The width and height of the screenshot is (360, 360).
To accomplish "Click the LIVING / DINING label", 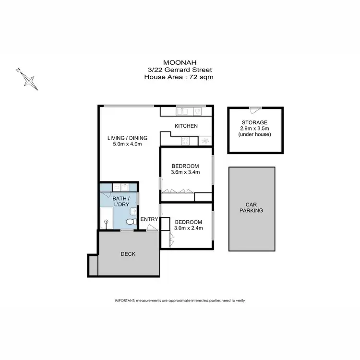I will coord(127,138).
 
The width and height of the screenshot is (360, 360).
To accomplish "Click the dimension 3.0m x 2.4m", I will coord(189,228).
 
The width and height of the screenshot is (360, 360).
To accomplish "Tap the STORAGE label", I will coord(255,123).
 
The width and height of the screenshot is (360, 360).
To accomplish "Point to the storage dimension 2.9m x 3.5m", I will coord(255,129).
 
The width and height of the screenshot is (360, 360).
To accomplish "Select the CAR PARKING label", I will coord(252,207).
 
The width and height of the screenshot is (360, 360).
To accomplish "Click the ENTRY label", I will coord(149,220).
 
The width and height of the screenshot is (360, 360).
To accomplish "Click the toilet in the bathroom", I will coord(129,222).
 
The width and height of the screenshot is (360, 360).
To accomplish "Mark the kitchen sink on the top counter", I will coord(182,112).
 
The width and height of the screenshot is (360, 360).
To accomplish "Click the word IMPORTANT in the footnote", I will coord(124,300).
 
